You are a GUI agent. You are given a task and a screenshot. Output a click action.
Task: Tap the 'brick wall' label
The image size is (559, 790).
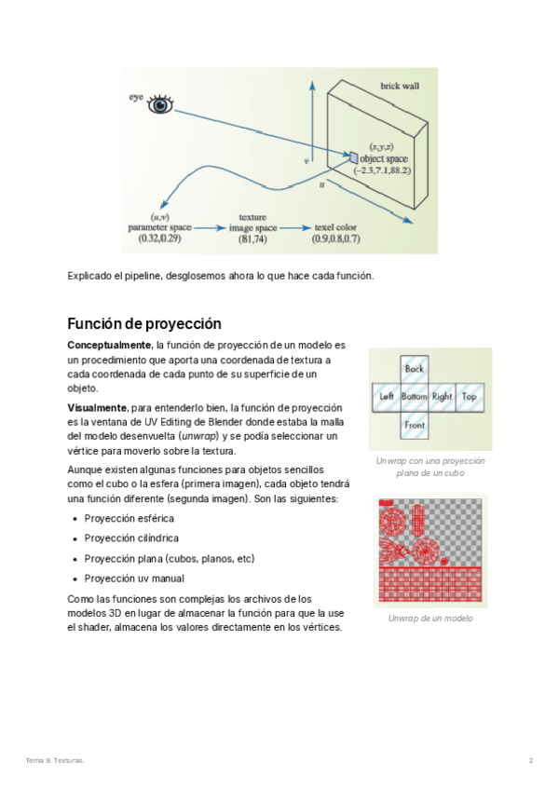[399, 87]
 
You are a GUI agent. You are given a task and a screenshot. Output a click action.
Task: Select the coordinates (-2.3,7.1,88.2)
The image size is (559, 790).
[382, 170]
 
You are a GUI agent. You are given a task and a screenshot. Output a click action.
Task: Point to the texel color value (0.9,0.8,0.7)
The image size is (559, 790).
[336, 239]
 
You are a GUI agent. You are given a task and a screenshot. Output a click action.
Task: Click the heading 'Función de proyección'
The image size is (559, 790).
[143, 324]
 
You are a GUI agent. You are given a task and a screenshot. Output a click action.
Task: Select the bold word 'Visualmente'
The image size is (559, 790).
[97, 408]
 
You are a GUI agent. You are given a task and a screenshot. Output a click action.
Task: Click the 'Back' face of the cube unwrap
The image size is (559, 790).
[414, 369]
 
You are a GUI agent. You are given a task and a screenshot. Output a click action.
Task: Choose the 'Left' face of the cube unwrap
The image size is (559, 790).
[387, 397]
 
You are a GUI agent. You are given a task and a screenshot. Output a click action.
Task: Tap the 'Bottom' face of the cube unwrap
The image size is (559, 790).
[414, 397]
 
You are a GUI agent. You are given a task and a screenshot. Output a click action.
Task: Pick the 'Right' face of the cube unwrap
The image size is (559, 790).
[442, 397]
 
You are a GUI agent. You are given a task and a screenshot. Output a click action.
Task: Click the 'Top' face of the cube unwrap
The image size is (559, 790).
[469, 397]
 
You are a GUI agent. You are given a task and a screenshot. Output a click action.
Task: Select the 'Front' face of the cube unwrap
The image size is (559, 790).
[414, 424]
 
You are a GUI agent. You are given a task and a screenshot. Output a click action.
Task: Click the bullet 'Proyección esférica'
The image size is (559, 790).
[129, 518]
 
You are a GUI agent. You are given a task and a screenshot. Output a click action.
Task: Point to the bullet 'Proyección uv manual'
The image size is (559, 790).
[134, 578]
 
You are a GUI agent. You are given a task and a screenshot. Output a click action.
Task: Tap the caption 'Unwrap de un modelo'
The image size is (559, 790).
[429, 619]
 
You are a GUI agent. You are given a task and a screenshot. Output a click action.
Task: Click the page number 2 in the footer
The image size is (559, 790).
[531, 761]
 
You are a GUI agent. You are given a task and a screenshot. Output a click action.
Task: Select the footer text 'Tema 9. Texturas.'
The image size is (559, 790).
[54, 761]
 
